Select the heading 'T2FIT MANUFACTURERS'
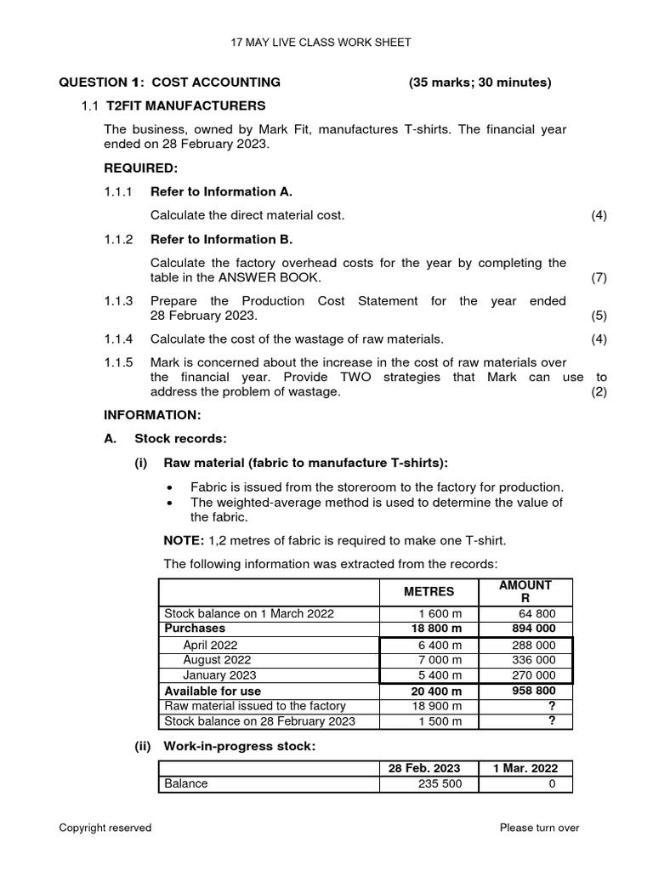point(185,105)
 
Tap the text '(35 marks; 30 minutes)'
point(480,83)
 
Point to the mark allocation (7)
point(599,278)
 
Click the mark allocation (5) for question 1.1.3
point(599,316)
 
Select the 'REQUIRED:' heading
point(140,168)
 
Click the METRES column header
point(429,591)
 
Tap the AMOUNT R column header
point(525,591)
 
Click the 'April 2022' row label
point(210,645)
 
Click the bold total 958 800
point(532,691)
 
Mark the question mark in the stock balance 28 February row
point(552,721)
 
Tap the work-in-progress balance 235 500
point(440,783)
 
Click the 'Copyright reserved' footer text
point(105,828)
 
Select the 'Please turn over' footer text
point(539,828)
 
